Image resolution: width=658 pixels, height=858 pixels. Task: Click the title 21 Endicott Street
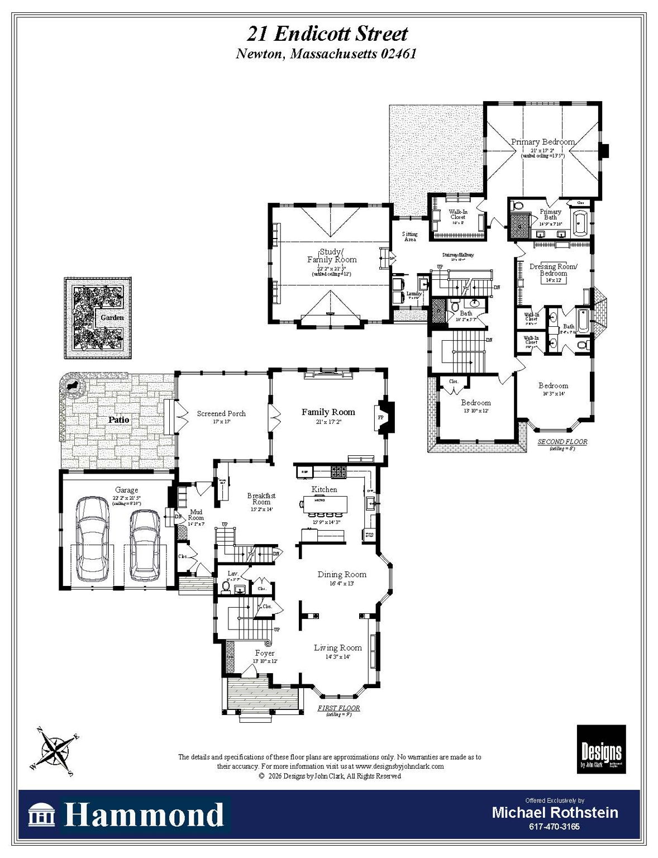click(x=327, y=34)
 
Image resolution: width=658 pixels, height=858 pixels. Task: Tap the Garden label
click(x=112, y=317)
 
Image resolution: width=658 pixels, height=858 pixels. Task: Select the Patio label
click(x=118, y=420)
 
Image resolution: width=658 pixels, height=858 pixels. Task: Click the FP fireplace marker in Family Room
click(x=381, y=417)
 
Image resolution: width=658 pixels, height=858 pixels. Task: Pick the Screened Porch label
click(x=221, y=413)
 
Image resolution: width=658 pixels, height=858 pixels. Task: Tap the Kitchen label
click(x=324, y=489)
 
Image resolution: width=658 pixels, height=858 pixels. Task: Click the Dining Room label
click(x=342, y=574)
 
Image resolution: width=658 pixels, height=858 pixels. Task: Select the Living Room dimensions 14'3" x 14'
click(x=338, y=657)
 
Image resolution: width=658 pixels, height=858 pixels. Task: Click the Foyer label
click(x=265, y=652)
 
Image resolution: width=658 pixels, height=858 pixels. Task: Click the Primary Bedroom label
click(x=543, y=142)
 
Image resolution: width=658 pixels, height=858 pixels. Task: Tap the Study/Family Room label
click(x=332, y=256)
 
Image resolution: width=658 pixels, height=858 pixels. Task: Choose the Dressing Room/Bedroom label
click(x=554, y=270)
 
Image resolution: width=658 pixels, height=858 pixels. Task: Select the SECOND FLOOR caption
click(x=562, y=442)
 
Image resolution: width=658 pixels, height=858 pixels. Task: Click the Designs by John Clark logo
click(x=601, y=749)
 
